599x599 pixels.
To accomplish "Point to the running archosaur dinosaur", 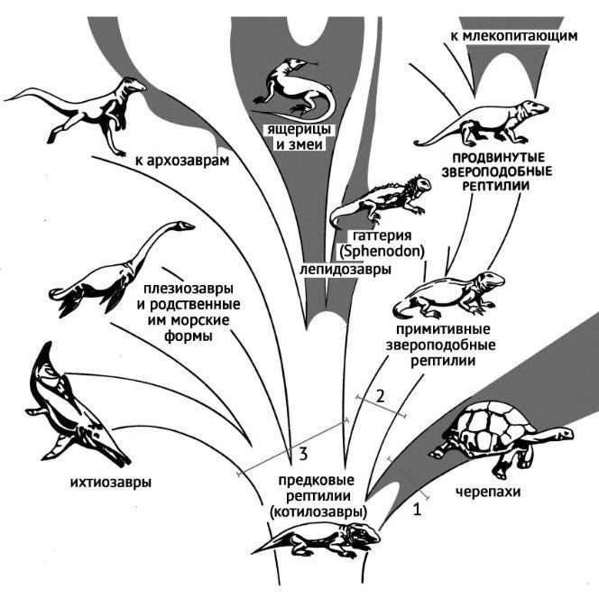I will click(x=86, y=108).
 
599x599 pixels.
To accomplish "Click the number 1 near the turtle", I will click(x=416, y=510).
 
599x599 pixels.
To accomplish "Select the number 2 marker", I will click(x=381, y=396).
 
